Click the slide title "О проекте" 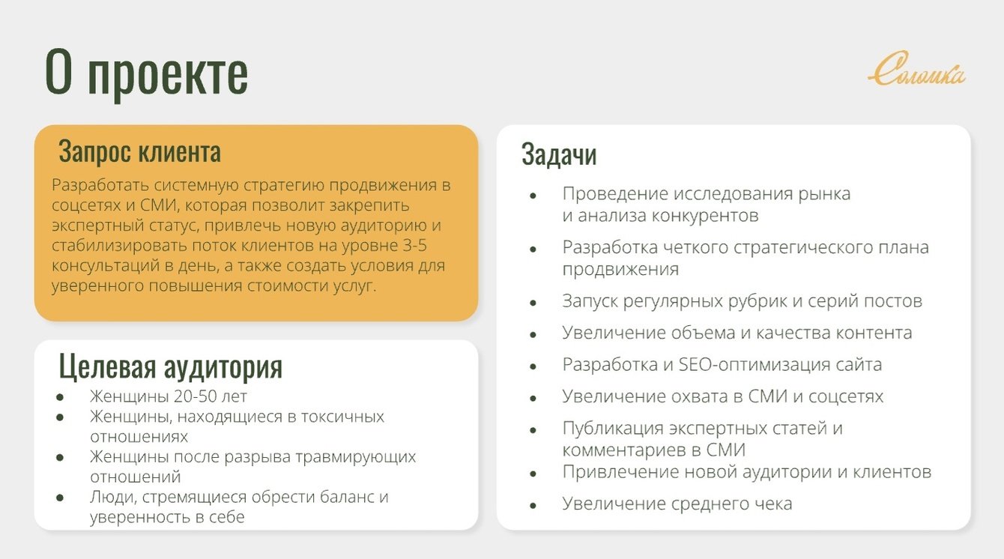coord(146,73)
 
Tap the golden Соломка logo coord(917,69)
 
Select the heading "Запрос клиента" coord(140,151)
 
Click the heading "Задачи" coord(559,154)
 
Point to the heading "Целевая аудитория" coord(171,366)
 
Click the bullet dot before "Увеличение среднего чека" coord(533,506)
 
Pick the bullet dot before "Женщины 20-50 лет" coord(60,397)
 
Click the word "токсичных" coord(343,417)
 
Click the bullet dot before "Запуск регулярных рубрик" coord(533,303)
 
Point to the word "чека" coord(772,504)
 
